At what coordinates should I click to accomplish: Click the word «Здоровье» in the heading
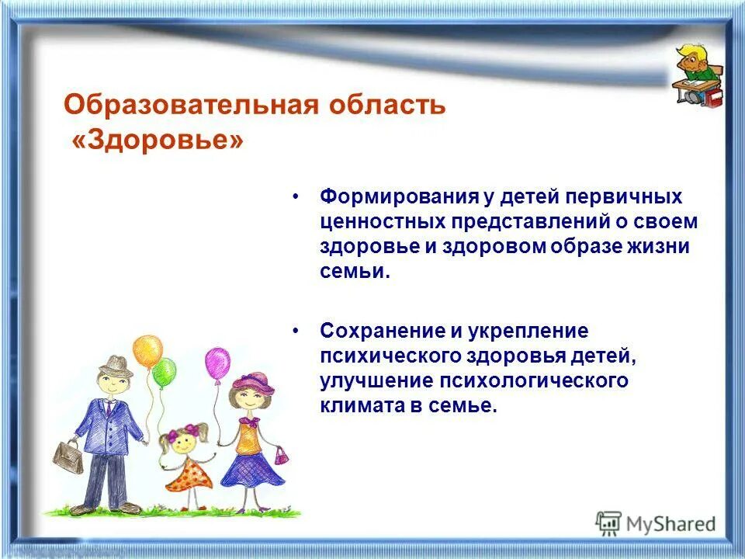[x=158, y=141]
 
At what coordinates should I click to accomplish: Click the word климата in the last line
[x=358, y=405]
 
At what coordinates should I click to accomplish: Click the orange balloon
[x=147, y=351]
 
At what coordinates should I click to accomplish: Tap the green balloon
[x=165, y=373]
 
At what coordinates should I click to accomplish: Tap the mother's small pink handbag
[x=281, y=456]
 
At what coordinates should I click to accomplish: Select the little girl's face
[x=184, y=442]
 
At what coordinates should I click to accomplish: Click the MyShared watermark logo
[x=656, y=524]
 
